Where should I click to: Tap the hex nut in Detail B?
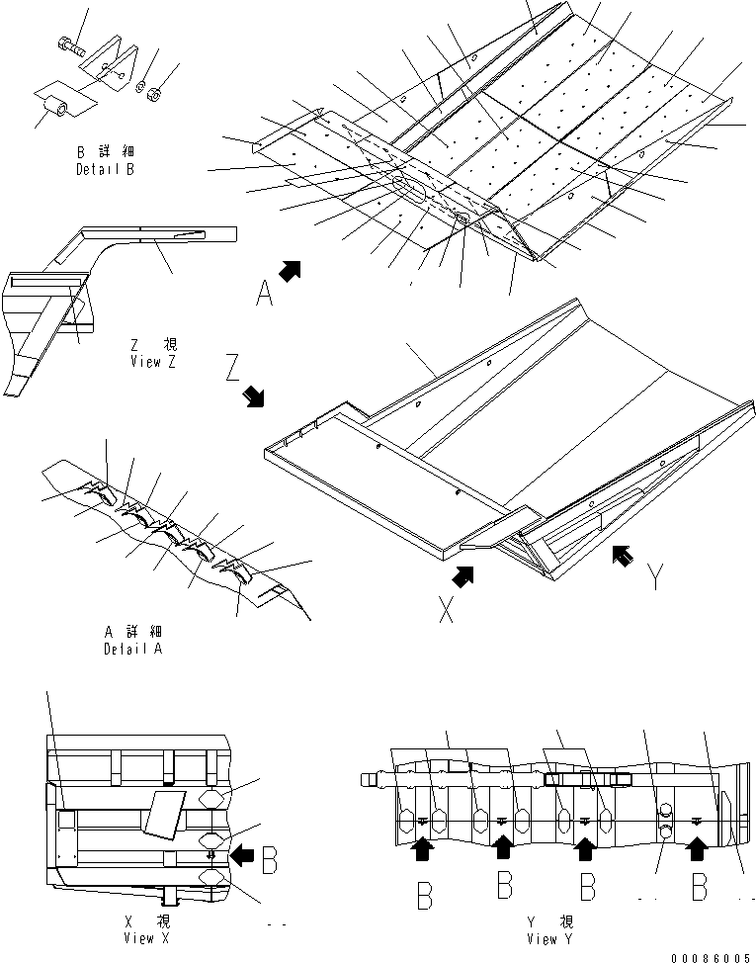tap(154, 94)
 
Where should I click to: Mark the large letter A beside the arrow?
tap(264, 293)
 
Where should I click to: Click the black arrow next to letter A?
tap(290, 269)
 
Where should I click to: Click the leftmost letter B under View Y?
tap(424, 896)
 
